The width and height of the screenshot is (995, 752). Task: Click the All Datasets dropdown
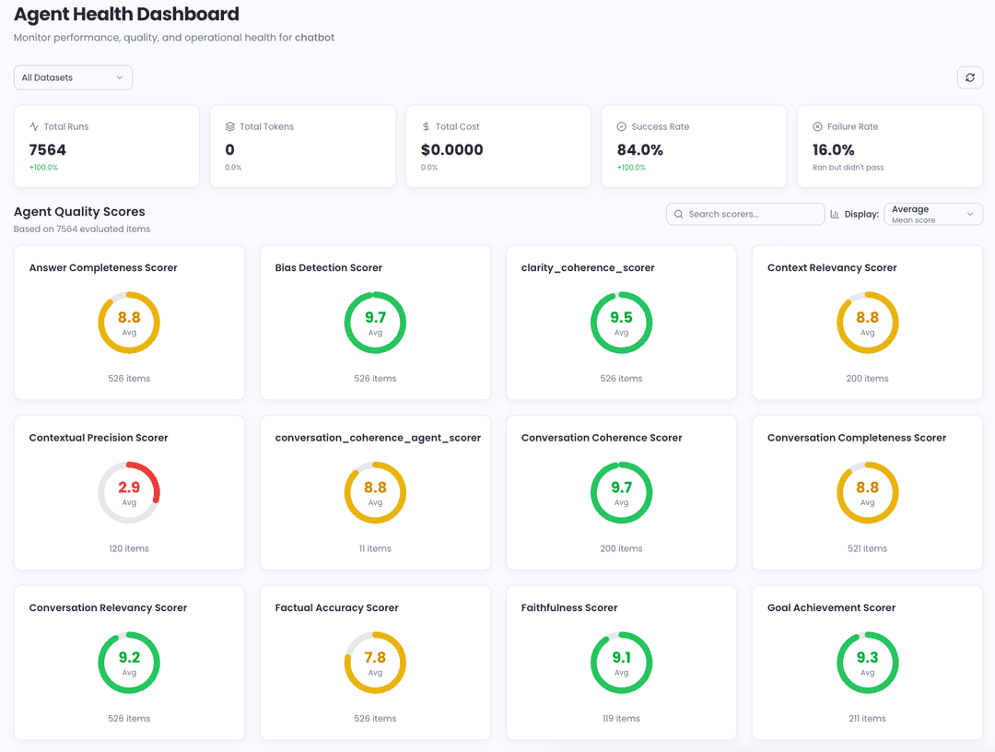coord(73,77)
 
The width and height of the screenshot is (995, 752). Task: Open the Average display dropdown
coord(932,214)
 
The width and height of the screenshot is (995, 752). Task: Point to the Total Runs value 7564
coord(48,149)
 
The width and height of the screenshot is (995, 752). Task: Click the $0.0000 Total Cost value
coord(451,149)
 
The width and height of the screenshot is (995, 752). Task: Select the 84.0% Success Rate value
coord(640,149)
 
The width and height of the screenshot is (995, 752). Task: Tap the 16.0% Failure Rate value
coord(833,149)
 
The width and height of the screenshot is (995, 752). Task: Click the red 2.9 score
coord(129,488)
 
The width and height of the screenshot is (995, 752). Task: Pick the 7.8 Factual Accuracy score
coord(375,657)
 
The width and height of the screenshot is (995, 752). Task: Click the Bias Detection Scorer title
coord(328,268)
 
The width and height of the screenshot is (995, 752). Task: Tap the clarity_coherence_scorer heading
coord(588,268)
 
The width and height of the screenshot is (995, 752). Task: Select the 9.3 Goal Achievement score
coord(867,657)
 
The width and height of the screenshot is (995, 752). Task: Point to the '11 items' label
coord(375,548)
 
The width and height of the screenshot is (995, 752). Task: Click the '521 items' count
coord(867,548)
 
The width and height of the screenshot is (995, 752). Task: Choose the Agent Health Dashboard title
coord(126,15)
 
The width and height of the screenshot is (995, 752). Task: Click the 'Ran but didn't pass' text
coord(848,168)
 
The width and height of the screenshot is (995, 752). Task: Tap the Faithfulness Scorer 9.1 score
coord(621,657)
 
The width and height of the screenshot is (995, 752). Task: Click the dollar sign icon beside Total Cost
coord(426,126)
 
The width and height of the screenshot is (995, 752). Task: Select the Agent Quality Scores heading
coord(79,212)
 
